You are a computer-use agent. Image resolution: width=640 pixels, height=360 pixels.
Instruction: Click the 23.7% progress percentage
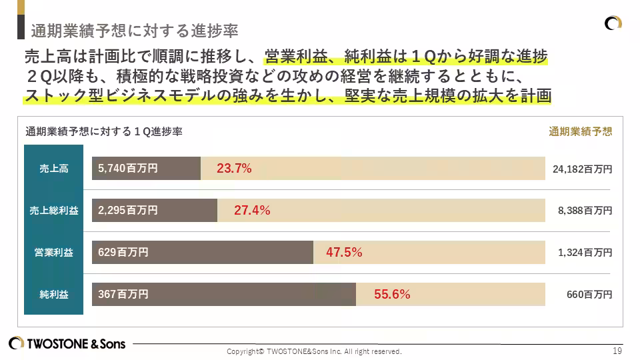234,169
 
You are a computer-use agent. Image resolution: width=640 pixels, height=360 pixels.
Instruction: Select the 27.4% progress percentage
251,211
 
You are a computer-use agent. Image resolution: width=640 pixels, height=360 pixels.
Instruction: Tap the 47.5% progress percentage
343,252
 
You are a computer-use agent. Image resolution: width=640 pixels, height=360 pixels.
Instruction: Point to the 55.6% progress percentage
391,294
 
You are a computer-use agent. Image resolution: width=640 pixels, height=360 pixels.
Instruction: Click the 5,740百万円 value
127,169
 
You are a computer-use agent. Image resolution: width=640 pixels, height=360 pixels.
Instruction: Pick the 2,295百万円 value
127,211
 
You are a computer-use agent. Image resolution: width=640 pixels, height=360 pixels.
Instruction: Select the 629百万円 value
123,252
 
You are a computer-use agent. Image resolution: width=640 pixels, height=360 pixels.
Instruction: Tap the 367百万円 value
123,294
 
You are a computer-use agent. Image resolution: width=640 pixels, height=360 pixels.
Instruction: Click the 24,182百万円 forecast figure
582,169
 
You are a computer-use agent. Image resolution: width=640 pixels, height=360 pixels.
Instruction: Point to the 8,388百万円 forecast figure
585,211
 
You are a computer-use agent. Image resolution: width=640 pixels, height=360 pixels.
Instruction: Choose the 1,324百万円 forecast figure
585,253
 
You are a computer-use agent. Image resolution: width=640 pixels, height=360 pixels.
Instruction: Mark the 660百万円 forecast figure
589,294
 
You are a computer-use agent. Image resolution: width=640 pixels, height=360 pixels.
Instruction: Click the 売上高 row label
53,169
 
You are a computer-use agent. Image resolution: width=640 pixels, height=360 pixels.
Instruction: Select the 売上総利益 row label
53,211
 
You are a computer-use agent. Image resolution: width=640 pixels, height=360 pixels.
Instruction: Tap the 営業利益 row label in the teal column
53,253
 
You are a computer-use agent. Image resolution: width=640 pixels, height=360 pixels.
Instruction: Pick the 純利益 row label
53,294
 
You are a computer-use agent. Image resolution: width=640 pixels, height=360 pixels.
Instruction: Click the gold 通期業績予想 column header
580,131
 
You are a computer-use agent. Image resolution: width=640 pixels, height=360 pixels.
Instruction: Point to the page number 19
617,351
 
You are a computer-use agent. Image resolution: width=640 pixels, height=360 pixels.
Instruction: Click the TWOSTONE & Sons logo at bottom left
67,344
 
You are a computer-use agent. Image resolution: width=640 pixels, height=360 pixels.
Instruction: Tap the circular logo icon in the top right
613,23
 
